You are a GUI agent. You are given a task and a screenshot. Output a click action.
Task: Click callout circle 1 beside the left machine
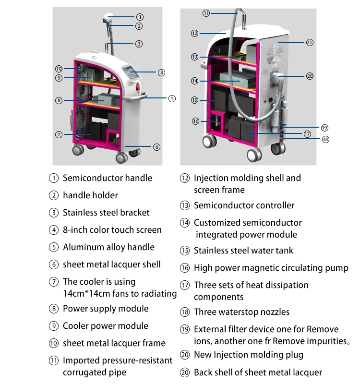tap(140, 17)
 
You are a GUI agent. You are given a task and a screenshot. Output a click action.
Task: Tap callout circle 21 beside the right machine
tap(310, 43)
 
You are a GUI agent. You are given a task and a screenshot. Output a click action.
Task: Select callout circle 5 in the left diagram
tap(172, 99)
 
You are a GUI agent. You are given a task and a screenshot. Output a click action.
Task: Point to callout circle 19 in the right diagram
tap(324, 128)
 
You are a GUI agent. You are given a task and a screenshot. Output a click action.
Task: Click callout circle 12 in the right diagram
tap(194, 34)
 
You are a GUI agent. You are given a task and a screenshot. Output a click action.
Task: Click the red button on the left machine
tap(138, 89)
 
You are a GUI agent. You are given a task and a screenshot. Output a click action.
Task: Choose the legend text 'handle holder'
tap(90, 195)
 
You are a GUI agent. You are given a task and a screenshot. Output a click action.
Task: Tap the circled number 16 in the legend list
tap(185, 268)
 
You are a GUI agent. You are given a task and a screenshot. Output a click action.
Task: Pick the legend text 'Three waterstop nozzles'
tap(241, 312)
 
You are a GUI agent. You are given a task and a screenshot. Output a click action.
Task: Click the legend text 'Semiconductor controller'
tap(244, 205)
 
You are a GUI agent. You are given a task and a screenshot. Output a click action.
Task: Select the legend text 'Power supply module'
tap(106, 309)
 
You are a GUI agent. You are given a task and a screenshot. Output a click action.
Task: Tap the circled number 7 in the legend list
tap(54, 282)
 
